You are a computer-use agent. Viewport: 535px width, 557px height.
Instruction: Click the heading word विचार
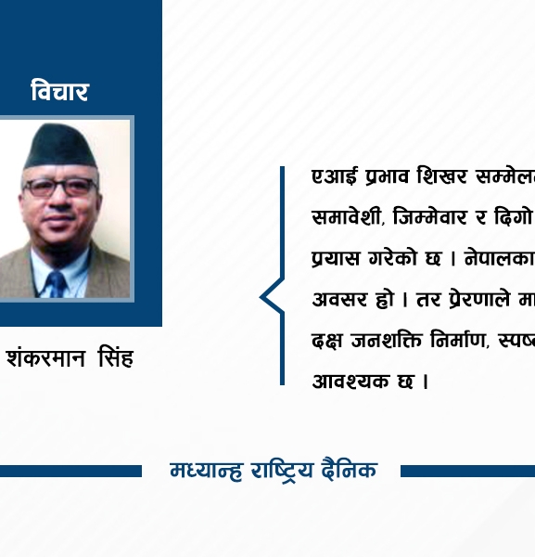pos(59,92)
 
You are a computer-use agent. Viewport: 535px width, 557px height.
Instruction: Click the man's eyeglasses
pos(60,186)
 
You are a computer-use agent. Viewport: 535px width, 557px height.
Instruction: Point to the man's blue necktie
pos(57,282)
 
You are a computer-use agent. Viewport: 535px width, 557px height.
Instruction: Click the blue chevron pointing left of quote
pos(271,297)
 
